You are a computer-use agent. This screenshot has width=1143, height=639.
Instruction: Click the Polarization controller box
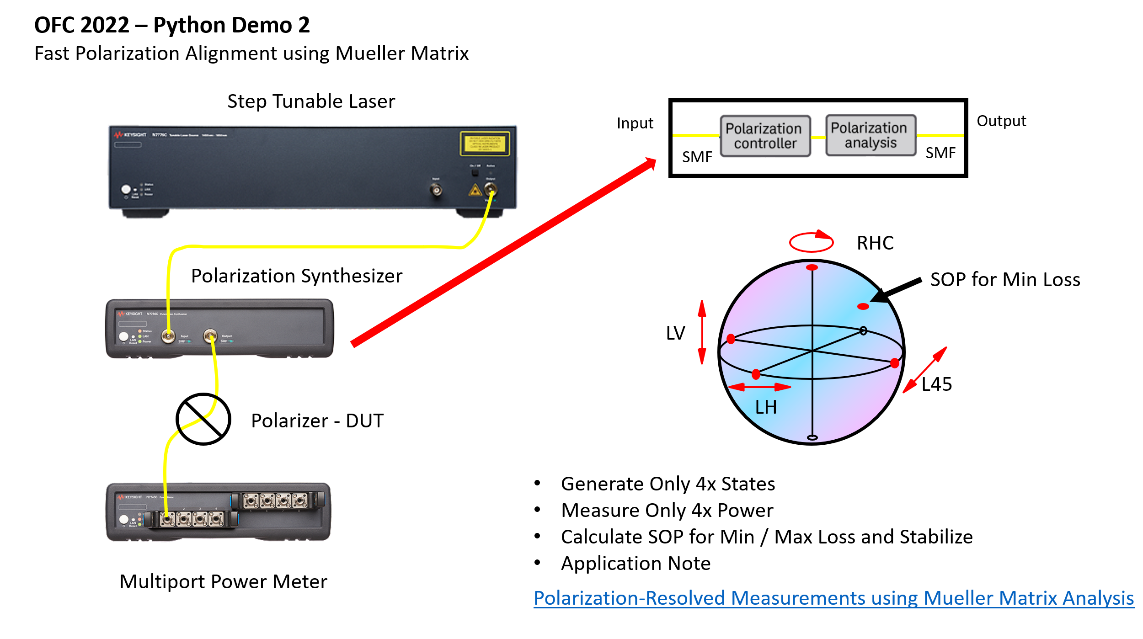[x=765, y=136]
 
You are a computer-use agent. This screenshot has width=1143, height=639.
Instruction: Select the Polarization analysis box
[x=870, y=135]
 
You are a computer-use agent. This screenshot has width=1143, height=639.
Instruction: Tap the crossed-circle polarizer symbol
[x=203, y=419]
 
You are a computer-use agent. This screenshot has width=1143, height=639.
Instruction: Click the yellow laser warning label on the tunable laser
[x=485, y=144]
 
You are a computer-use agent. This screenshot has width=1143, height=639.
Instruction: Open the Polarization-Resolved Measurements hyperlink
[x=833, y=598]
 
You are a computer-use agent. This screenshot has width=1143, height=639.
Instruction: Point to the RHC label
[x=875, y=243]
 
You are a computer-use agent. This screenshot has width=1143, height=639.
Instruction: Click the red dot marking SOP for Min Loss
[x=863, y=306]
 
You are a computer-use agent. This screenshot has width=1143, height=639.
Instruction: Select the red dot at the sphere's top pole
[x=812, y=267]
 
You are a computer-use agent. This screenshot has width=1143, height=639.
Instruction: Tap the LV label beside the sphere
[x=675, y=333]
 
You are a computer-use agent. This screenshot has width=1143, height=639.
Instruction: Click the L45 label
[x=936, y=384]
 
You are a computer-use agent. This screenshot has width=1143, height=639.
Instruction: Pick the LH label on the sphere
[x=765, y=407]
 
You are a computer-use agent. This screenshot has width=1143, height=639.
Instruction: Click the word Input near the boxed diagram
[x=635, y=123]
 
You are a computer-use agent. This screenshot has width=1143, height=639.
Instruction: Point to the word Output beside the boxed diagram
[x=1001, y=121]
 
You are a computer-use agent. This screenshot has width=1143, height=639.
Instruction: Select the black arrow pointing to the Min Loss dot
[x=896, y=290]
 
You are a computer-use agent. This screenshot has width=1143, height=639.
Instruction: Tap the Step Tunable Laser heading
[x=311, y=101]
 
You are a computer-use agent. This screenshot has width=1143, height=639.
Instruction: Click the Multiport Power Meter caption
[x=223, y=582]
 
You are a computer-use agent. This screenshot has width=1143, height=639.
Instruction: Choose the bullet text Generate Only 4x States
[x=668, y=484]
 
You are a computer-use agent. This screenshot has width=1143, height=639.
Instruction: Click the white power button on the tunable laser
[x=126, y=189]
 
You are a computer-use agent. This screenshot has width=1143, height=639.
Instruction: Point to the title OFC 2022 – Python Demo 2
[x=172, y=25]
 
